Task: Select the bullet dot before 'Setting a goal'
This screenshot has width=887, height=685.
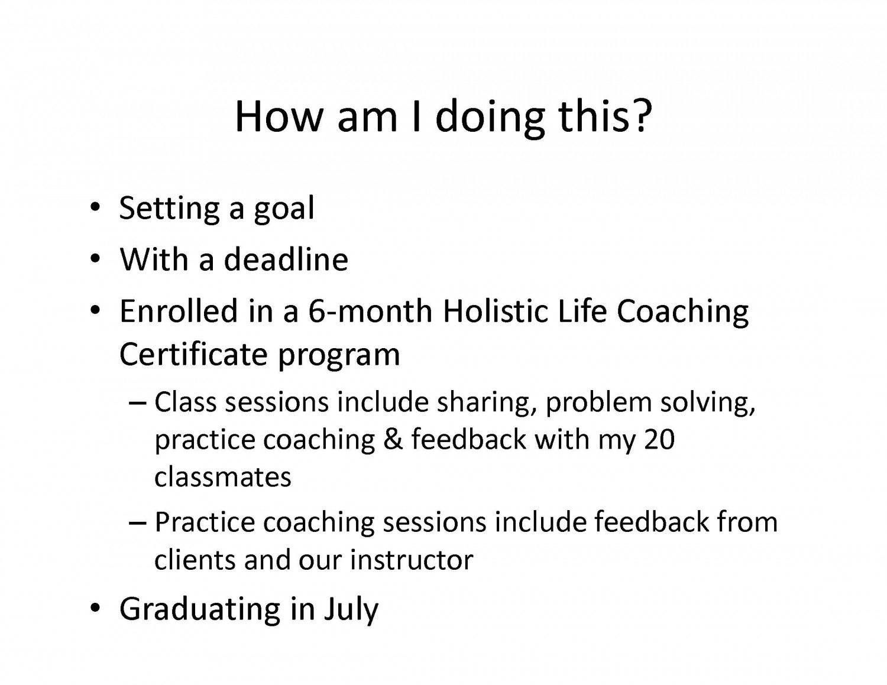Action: (95, 207)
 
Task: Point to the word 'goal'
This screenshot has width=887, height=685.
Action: (284, 210)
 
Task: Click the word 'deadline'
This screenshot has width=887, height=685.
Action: (286, 259)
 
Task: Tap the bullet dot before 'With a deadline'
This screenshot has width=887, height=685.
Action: (95, 259)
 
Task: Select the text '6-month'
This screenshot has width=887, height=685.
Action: (370, 310)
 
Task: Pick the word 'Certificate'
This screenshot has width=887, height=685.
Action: (193, 353)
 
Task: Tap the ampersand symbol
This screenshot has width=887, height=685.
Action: (393, 439)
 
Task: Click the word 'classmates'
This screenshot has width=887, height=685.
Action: (223, 477)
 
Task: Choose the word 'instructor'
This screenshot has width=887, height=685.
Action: (412, 560)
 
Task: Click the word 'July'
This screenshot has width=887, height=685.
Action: (352, 611)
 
